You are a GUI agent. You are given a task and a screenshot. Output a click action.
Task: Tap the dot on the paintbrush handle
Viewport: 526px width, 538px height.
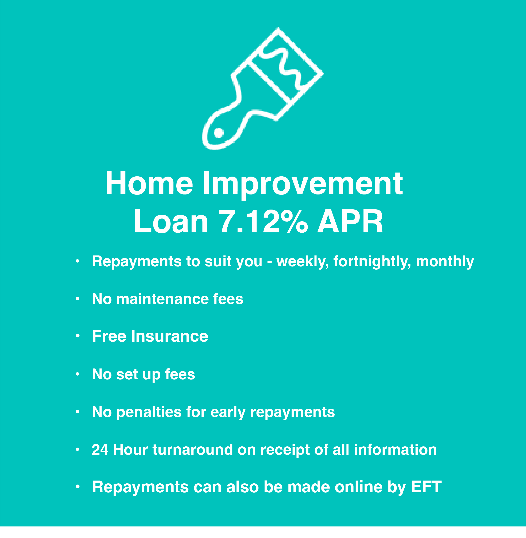(x=219, y=133)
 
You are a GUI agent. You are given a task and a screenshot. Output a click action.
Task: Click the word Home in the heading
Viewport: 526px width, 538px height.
(x=149, y=183)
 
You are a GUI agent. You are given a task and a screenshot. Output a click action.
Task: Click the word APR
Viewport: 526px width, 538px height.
(x=350, y=221)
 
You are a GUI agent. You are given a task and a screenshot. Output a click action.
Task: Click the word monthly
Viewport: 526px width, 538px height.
(x=445, y=262)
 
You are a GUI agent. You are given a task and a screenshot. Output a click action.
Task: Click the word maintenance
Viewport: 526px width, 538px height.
(x=162, y=299)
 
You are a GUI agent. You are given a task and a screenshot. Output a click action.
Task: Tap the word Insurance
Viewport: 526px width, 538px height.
(x=170, y=336)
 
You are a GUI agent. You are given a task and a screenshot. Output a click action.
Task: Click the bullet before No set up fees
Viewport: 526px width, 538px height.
(x=78, y=374)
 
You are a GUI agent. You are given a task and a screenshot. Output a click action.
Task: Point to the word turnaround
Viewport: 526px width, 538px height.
(x=193, y=450)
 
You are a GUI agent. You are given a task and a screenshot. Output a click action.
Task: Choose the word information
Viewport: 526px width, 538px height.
(x=395, y=450)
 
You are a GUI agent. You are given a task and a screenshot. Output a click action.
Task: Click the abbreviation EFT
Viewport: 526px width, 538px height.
(x=426, y=487)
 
